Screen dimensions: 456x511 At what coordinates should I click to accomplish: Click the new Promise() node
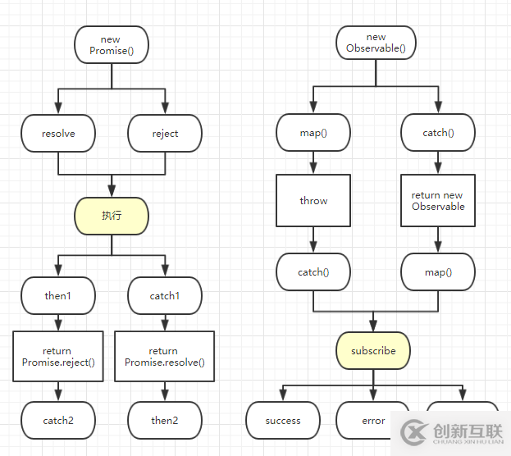click(111, 44)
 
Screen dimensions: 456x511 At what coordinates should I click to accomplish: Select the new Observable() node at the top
click(376, 43)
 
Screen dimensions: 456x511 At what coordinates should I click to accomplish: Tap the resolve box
click(58, 133)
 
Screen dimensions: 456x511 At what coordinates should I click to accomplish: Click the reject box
click(165, 133)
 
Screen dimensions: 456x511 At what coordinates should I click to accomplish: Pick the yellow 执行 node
click(112, 216)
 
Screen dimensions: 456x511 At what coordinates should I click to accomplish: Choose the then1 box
click(58, 295)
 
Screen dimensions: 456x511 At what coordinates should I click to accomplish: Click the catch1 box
click(165, 295)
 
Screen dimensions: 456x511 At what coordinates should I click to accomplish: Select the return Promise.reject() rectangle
click(58, 356)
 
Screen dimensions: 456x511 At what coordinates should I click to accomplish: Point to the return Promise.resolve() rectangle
click(165, 356)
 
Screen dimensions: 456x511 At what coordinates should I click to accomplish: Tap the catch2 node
click(58, 420)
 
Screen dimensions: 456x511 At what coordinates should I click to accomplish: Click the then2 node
click(165, 420)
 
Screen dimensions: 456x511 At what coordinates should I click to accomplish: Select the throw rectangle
click(313, 200)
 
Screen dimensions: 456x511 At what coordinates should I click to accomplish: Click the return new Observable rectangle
click(437, 200)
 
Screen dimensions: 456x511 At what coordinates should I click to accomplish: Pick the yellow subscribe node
click(373, 350)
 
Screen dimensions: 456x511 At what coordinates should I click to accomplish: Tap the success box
click(283, 420)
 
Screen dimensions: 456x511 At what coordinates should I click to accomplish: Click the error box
click(373, 420)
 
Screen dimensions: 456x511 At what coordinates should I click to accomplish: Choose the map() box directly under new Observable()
click(313, 133)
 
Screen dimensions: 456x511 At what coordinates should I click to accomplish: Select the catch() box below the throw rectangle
click(313, 271)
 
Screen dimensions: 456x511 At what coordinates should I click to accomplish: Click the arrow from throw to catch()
click(313, 240)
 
